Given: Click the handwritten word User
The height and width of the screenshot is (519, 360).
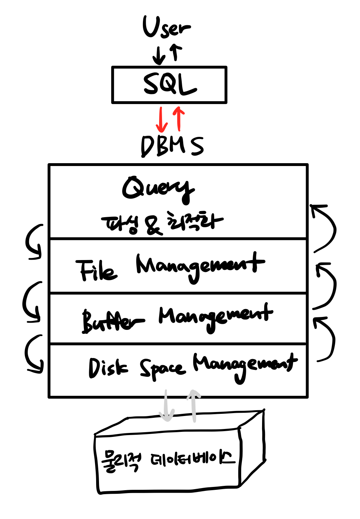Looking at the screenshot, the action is coord(166,27).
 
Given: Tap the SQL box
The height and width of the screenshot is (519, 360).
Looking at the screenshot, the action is coord(169,85).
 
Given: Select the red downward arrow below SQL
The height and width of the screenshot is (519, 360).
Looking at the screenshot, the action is coord(161,120).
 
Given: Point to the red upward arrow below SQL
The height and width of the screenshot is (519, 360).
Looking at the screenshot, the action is coord(179,119).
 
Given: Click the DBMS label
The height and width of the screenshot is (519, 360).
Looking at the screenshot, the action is coord(172,146).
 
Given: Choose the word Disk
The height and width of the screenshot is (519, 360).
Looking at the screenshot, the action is coord(107,368).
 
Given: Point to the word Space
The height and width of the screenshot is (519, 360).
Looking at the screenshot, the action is coord(162,369).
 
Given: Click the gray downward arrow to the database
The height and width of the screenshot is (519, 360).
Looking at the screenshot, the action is coord(166,405).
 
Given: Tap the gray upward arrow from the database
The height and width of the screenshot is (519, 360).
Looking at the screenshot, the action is coord(194,405).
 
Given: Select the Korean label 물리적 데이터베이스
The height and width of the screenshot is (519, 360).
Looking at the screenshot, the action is coord(168,460).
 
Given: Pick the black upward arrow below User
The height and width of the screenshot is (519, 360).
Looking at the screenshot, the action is coord(176,53).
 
